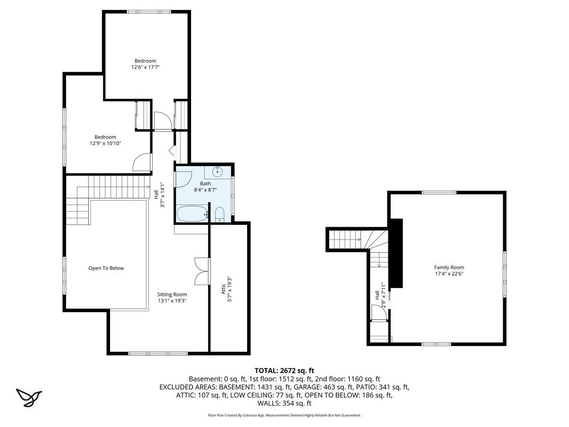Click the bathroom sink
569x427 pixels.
(x=217, y=171)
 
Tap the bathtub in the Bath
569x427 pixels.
(x=193, y=213)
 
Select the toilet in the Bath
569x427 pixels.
(x=220, y=214)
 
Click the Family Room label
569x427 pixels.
(x=449, y=267)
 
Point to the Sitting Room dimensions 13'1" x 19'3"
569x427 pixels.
(x=172, y=301)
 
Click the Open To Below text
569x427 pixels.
(x=106, y=268)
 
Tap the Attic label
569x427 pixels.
(x=223, y=289)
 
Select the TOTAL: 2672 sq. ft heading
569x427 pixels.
(x=284, y=371)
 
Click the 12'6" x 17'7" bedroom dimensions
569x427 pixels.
(x=145, y=67)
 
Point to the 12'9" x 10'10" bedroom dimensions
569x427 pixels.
(x=106, y=143)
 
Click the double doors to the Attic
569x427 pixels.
(x=202, y=271)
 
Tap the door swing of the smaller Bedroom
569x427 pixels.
(x=141, y=162)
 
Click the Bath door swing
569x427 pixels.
(x=184, y=179)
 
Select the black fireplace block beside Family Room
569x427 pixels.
(x=396, y=253)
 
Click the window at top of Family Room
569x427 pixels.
(x=439, y=192)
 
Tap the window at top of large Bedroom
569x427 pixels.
(x=149, y=12)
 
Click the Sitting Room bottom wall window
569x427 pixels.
(x=158, y=353)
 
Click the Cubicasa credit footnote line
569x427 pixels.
(x=284, y=415)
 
